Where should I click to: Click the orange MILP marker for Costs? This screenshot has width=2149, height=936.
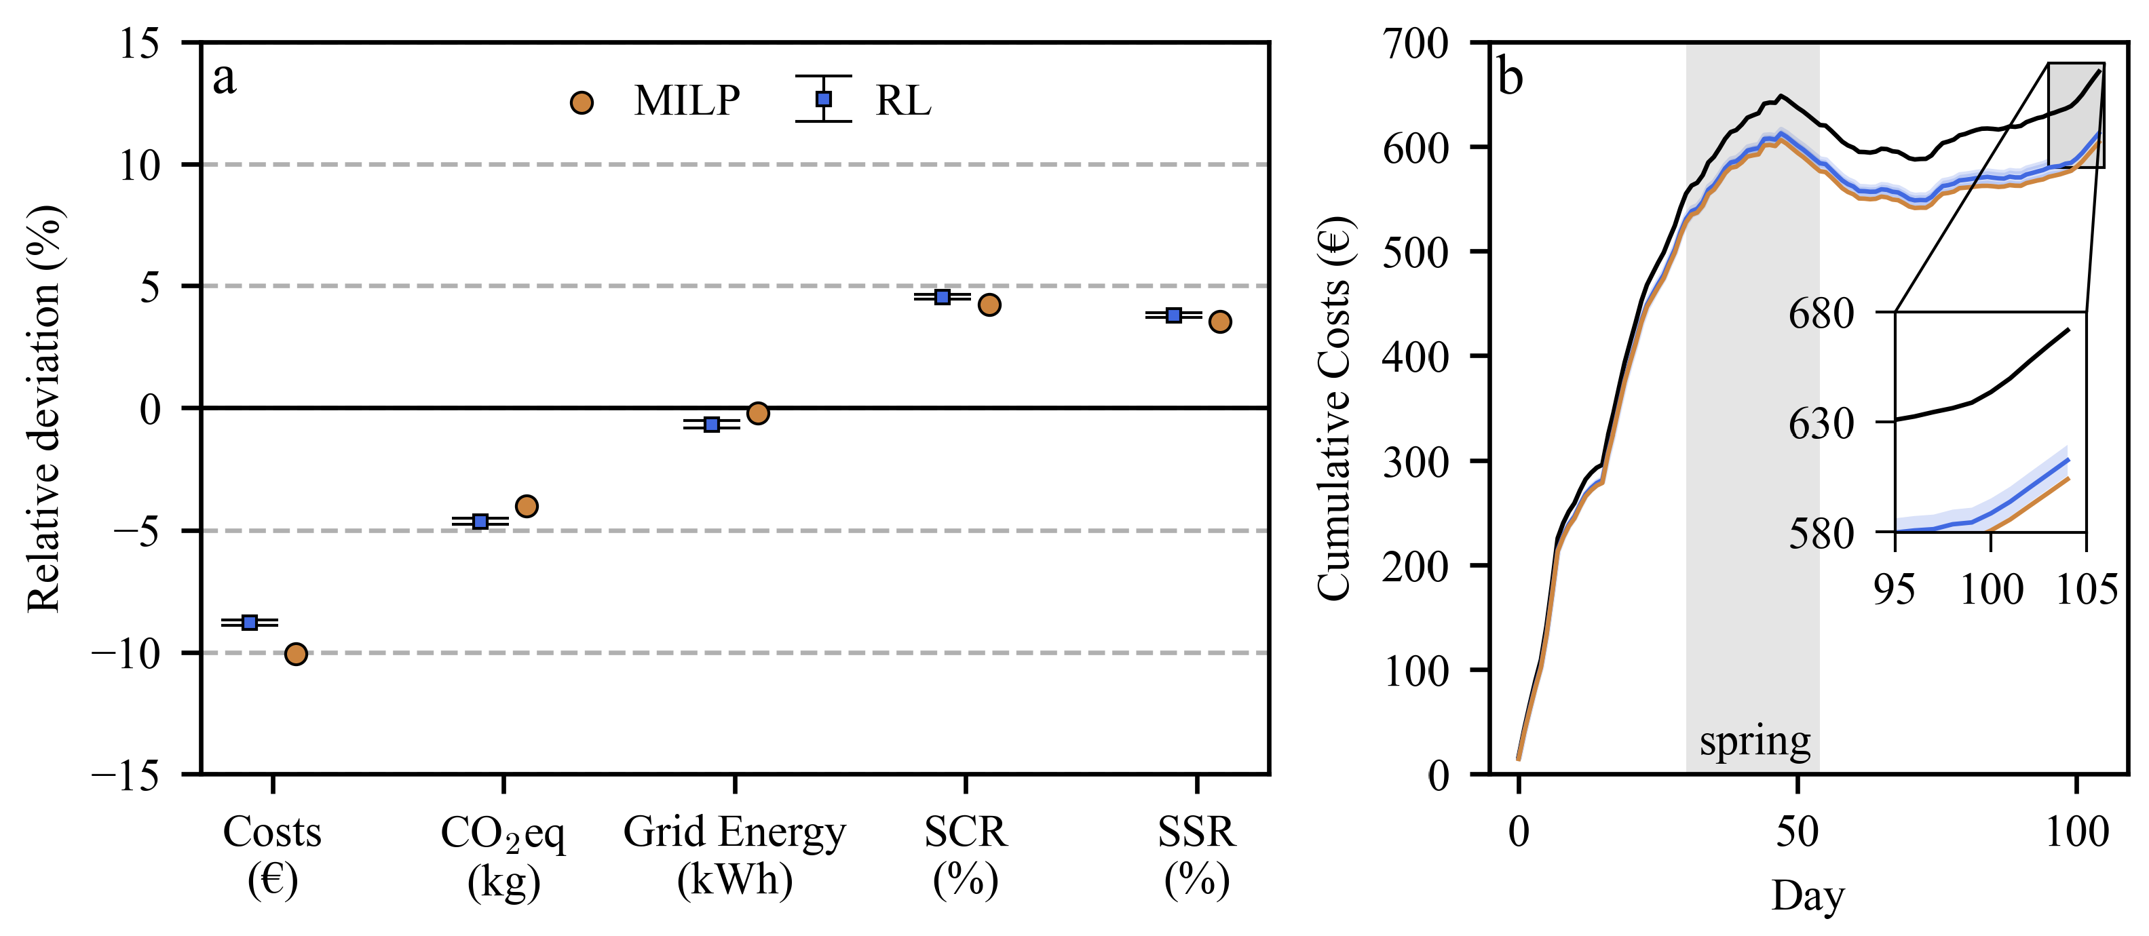click(295, 654)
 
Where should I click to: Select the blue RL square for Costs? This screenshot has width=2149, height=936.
click(250, 623)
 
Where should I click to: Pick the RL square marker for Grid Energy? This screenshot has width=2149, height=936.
click(712, 425)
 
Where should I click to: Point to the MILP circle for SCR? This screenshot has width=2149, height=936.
click(989, 305)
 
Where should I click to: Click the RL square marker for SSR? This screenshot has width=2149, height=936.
click(1174, 315)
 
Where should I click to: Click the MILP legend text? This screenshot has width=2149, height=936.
click(686, 101)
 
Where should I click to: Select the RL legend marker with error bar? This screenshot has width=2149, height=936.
click(823, 99)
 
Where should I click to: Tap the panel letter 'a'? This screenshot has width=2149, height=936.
click(225, 79)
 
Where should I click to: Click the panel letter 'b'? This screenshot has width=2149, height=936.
click(1510, 77)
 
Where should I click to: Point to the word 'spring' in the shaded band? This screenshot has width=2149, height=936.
click(1754, 741)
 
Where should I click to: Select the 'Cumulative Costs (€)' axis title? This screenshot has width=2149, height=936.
click(1335, 409)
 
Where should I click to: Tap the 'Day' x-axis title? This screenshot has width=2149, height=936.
click(1807, 896)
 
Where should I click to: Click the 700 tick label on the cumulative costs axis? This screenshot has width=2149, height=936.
click(1415, 43)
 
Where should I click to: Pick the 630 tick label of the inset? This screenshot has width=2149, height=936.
click(1821, 424)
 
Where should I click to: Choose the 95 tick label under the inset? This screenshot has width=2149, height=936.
click(1894, 590)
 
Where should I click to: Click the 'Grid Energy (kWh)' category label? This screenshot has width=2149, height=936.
click(734, 855)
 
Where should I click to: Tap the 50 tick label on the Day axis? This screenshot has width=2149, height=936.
click(1797, 832)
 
